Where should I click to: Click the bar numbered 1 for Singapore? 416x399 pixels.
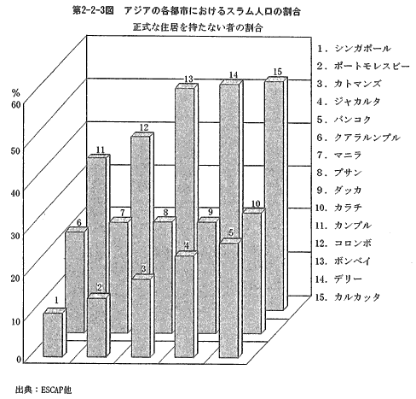tap(55, 332)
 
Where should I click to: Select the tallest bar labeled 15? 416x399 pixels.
tap(276, 194)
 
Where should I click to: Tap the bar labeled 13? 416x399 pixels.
tap(186, 168)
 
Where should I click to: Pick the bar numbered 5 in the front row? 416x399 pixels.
tap(231, 298)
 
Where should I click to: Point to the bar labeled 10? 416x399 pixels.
tap(254, 271)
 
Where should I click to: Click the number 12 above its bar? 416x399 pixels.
tap(144, 127)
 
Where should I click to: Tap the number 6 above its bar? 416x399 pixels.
tap(78, 222)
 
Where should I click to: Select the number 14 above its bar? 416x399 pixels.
tap(233, 75)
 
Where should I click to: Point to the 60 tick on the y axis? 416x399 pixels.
tap(15, 105)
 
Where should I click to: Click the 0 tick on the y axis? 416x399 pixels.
tap(19, 360)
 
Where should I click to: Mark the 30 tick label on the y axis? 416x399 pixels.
tap(15, 236)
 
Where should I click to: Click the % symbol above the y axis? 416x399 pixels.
tap(15, 92)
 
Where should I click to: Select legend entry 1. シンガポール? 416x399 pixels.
tap(354, 49)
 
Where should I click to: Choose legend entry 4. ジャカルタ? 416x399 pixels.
tap(349, 102)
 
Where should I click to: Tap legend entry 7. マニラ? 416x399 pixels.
tap(339, 155)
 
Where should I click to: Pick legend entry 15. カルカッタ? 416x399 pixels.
tap(348, 297)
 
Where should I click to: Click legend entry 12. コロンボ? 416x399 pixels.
tap(344, 244)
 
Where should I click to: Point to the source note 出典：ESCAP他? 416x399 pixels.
tap(43, 390)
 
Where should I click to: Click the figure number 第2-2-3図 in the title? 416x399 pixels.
tap(93, 11)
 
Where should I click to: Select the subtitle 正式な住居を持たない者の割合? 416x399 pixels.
tap(198, 27)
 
